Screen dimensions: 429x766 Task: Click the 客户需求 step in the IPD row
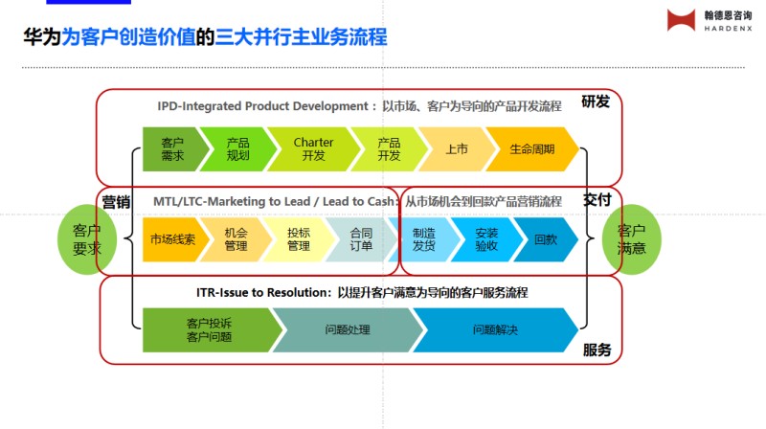(172, 148)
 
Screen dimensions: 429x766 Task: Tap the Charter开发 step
(312, 148)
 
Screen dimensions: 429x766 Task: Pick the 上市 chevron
(456, 148)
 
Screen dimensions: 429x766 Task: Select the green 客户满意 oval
(631, 238)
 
